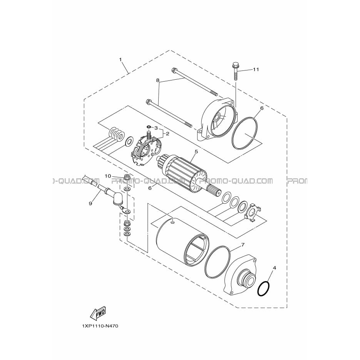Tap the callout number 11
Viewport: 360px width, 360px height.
pyautogui.click(x=256, y=69)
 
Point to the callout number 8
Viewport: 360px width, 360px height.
pyautogui.click(x=157, y=80)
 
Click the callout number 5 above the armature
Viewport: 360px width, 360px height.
pyautogui.click(x=196, y=152)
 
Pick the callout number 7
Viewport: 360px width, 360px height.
pyautogui.click(x=243, y=245)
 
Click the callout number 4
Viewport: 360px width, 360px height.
pyautogui.click(x=275, y=268)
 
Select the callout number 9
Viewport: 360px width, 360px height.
pyautogui.click(x=90, y=203)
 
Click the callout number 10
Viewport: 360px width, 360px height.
pyautogui.click(x=108, y=176)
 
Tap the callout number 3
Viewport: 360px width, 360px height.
pyautogui.click(x=156, y=128)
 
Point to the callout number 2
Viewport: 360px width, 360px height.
pyautogui.click(x=167, y=134)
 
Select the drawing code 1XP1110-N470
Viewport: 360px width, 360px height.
pyautogui.click(x=100, y=326)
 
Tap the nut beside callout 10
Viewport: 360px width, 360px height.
pyautogui.click(x=126, y=177)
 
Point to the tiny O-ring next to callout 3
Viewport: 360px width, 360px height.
pyautogui.click(x=149, y=127)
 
